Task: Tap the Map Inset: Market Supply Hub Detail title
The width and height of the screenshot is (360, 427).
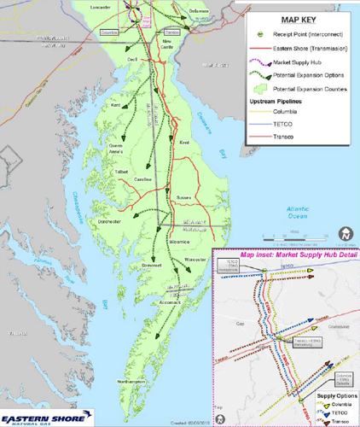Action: click(291, 254)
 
